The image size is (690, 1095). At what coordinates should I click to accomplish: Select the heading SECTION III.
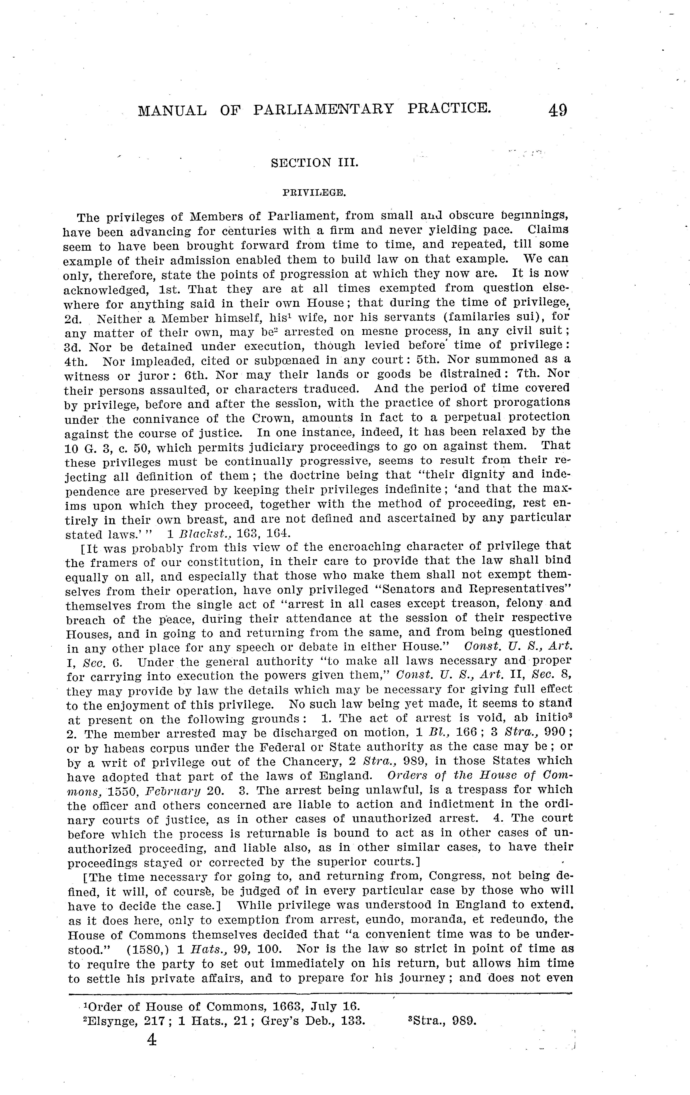314,163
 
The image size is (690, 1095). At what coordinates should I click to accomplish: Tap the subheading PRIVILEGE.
314,193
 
